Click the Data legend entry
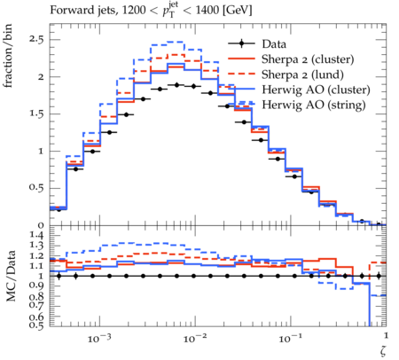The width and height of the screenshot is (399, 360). tap(274, 44)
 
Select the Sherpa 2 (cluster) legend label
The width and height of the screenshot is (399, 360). tap(308, 59)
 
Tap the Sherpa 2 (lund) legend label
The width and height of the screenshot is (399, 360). tap(302, 74)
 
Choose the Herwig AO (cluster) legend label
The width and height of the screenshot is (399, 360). tap(316, 90)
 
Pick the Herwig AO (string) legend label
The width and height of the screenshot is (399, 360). tap(314, 105)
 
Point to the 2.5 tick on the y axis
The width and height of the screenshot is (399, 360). tap(36, 39)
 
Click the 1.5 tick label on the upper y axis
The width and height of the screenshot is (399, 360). tap(36, 113)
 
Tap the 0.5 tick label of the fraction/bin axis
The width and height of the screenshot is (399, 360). tap(36, 188)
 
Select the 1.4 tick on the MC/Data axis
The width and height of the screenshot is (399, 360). tap(36, 236)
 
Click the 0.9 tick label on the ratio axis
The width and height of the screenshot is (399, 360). tap(36, 286)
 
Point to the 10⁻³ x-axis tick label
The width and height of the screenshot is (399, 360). tap(100, 338)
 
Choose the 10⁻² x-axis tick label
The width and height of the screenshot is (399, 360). tap(195, 338)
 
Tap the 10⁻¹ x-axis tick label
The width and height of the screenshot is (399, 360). tap(291, 338)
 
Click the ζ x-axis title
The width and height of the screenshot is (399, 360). tap(383, 351)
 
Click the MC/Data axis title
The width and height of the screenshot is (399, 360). tap(11, 276)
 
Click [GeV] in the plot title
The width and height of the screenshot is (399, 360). tap(238, 11)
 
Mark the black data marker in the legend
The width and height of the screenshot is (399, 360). tap(241, 44)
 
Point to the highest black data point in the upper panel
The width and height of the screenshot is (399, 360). tap(177, 85)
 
